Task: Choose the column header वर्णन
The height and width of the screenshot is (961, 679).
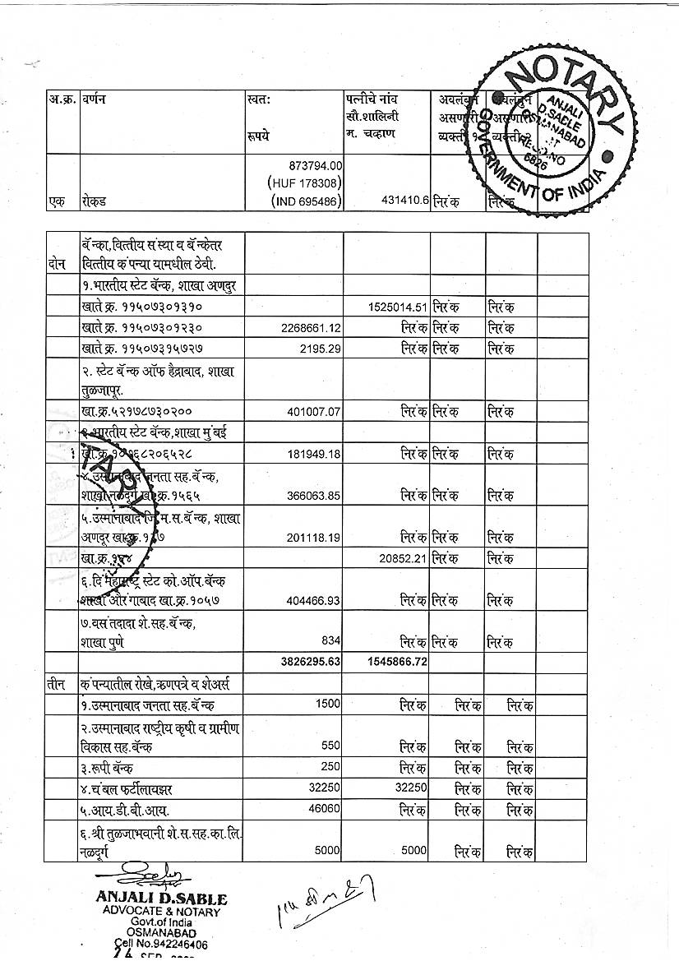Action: tap(94, 99)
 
